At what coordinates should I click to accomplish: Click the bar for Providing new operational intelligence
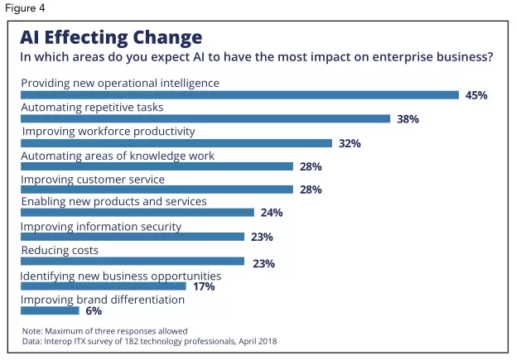239,95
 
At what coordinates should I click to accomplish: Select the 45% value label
476,95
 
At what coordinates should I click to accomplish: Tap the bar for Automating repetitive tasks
205,119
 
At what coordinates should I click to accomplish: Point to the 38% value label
407,119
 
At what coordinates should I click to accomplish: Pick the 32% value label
350,143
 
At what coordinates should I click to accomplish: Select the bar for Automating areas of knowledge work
157,166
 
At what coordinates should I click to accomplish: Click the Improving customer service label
93,179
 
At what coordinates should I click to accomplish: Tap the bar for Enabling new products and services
137,213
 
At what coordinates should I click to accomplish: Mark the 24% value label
272,213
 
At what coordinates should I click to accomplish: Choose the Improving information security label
101,227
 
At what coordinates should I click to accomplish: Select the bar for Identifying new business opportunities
103,286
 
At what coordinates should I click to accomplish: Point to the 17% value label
204,286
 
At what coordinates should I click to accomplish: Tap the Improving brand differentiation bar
50,310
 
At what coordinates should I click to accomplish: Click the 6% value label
93,311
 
